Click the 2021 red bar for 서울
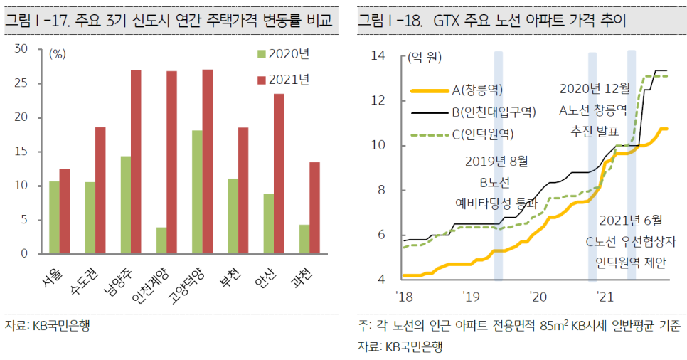pos(65,211)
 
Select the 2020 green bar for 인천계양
pos(161,240)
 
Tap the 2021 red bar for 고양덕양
pos(207,162)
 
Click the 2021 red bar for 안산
pos(278,174)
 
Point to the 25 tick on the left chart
pos(22,83)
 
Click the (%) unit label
pos(58,53)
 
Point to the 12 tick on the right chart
pos(378,100)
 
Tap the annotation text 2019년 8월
pos(498,162)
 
